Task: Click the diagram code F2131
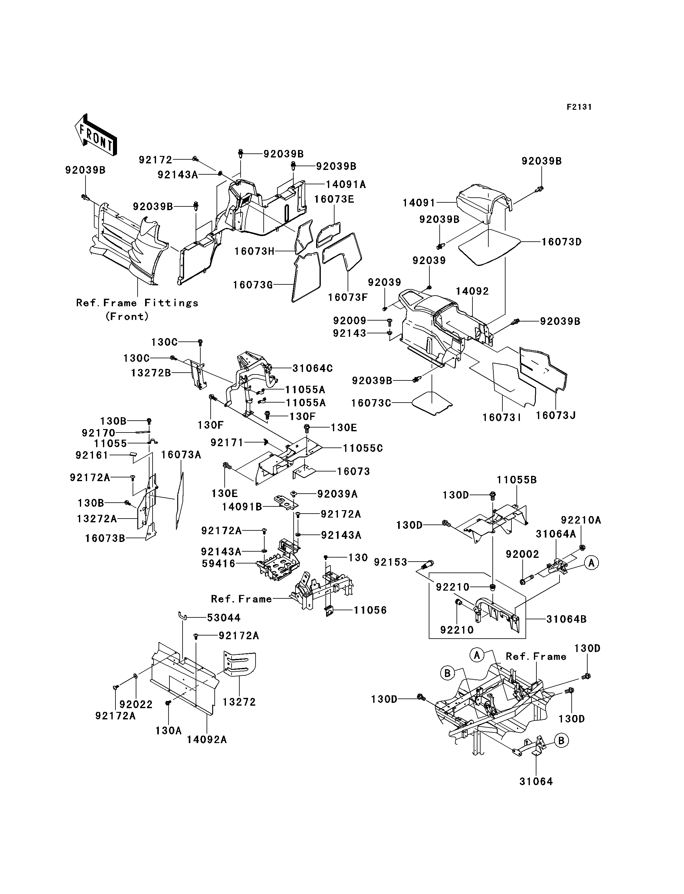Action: (x=579, y=107)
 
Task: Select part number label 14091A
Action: (x=346, y=184)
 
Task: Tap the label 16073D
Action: (x=561, y=242)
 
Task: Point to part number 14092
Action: (x=472, y=291)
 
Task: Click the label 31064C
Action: (x=313, y=368)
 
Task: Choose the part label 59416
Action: (x=219, y=563)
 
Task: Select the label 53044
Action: (x=224, y=618)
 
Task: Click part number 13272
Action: (x=239, y=702)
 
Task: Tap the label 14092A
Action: (x=207, y=739)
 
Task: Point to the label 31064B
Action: (x=566, y=619)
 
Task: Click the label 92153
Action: (x=391, y=562)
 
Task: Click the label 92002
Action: (x=522, y=554)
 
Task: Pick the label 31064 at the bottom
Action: (x=536, y=781)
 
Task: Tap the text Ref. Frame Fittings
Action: (x=137, y=303)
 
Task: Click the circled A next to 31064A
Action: (x=592, y=563)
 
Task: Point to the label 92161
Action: (x=92, y=455)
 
